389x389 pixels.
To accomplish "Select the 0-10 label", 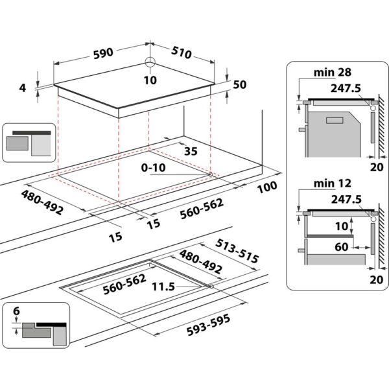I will coord(153,167).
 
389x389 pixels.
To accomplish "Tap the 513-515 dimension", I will coord(237,252).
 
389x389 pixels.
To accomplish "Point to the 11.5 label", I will coord(164,285).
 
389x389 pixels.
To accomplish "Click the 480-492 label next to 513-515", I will coord(200,262).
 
